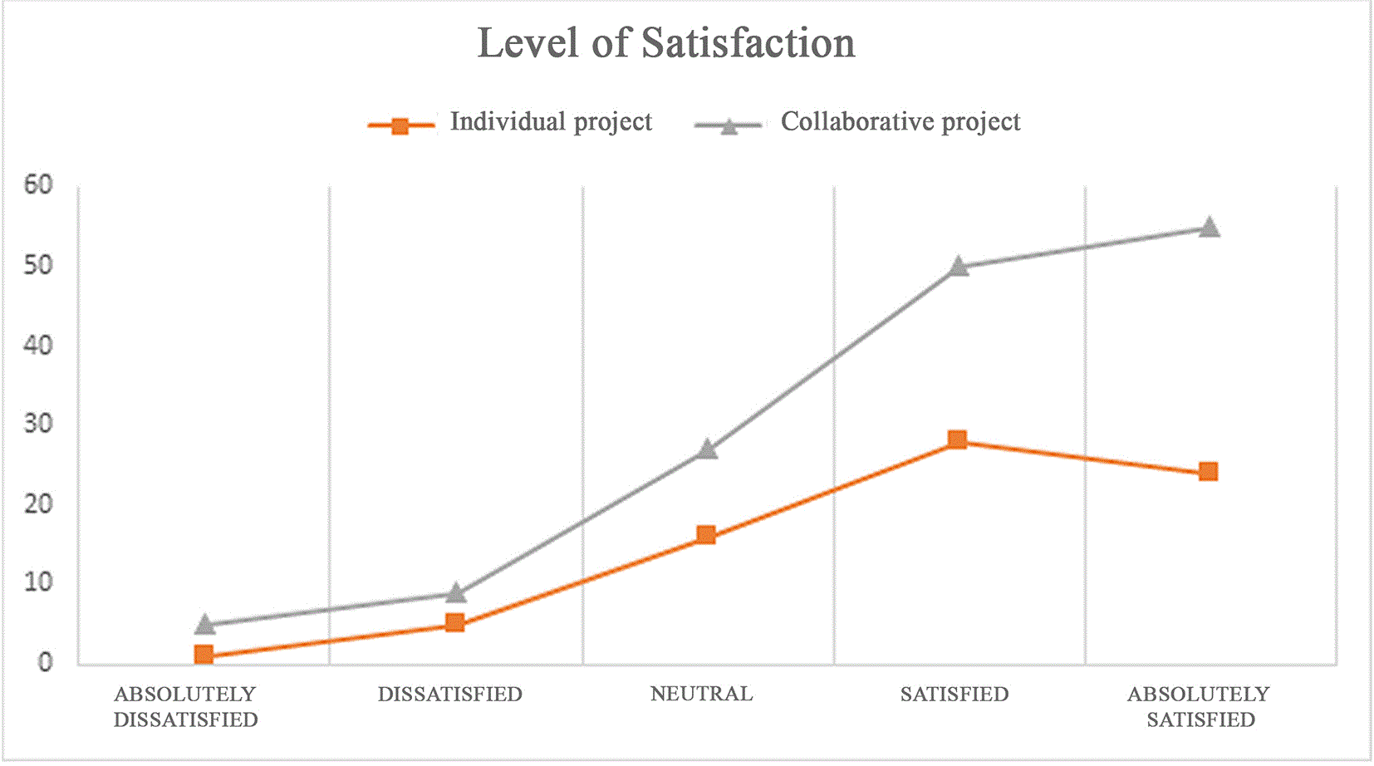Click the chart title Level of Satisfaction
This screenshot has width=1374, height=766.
tap(666, 44)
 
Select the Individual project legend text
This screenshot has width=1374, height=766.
tap(551, 122)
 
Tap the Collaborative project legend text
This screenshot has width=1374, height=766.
tap(900, 122)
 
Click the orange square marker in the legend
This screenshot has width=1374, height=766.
tap(400, 126)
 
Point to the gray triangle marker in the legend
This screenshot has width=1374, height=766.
tap(729, 126)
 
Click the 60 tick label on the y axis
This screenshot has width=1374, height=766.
tap(38, 184)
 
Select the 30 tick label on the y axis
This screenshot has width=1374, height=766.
tap(38, 423)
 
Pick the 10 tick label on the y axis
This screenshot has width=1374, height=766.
tap(38, 582)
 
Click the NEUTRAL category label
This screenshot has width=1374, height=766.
tap(702, 695)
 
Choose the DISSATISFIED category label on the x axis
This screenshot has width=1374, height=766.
tap(449, 695)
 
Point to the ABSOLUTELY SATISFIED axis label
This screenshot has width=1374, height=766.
tap(1200, 706)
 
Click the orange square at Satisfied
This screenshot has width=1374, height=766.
tap(958, 439)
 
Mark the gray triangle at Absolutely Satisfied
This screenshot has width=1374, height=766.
tap(1209, 227)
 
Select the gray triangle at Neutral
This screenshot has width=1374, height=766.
tap(707, 449)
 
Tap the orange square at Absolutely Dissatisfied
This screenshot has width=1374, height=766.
tap(204, 655)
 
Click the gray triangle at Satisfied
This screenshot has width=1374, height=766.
tap(959, 266)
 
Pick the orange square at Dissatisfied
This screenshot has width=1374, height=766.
tap(455, 623)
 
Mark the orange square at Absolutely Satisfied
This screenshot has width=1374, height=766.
tap(1209, 472)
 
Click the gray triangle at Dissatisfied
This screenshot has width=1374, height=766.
tap(456, 592)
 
